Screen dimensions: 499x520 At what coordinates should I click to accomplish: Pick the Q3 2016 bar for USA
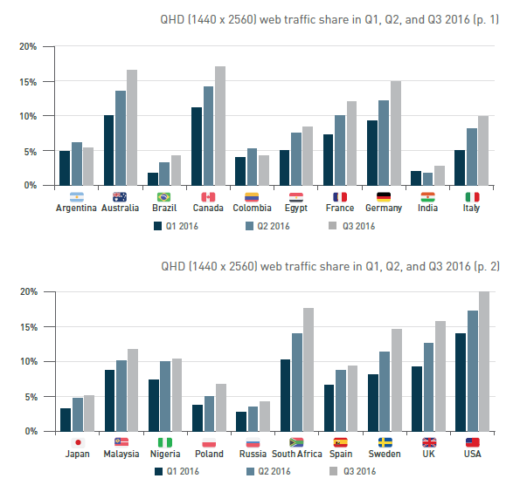483,362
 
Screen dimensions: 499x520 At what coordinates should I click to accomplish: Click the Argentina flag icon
76,197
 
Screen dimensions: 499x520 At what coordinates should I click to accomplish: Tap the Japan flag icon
76,442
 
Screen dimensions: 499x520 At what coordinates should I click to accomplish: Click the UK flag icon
428,442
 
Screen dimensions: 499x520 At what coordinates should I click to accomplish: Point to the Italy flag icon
472,197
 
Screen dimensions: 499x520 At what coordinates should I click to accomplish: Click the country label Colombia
252,208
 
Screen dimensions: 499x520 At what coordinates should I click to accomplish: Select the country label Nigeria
165,454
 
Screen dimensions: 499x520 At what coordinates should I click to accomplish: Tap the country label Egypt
295,208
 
